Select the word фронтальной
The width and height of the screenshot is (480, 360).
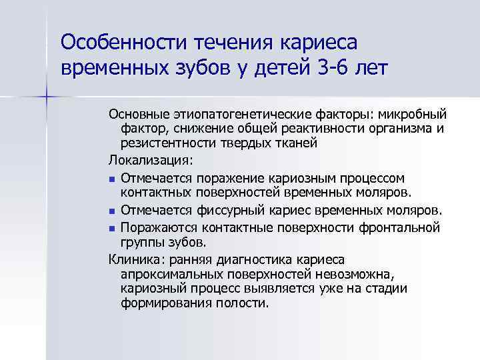click(403, 227)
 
